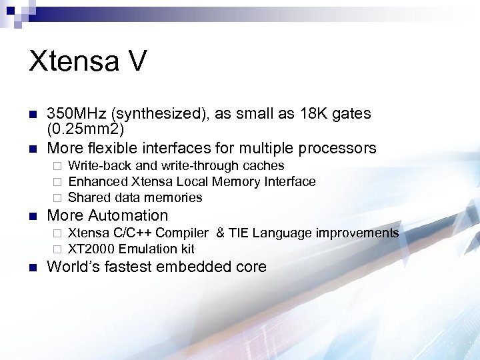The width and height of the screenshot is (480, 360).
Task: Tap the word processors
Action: pyautogui.click(x=338, y=147)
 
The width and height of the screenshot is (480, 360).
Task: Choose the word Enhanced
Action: pyautogui.click(x=97, y=181)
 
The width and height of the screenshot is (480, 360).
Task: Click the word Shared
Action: pyautogui.click(x=88, y=197)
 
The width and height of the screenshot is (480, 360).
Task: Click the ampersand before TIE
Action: pyautogui.click(x=219, y=233)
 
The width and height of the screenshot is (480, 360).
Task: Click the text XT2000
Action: pyautogui.click(x=91, y=249)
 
